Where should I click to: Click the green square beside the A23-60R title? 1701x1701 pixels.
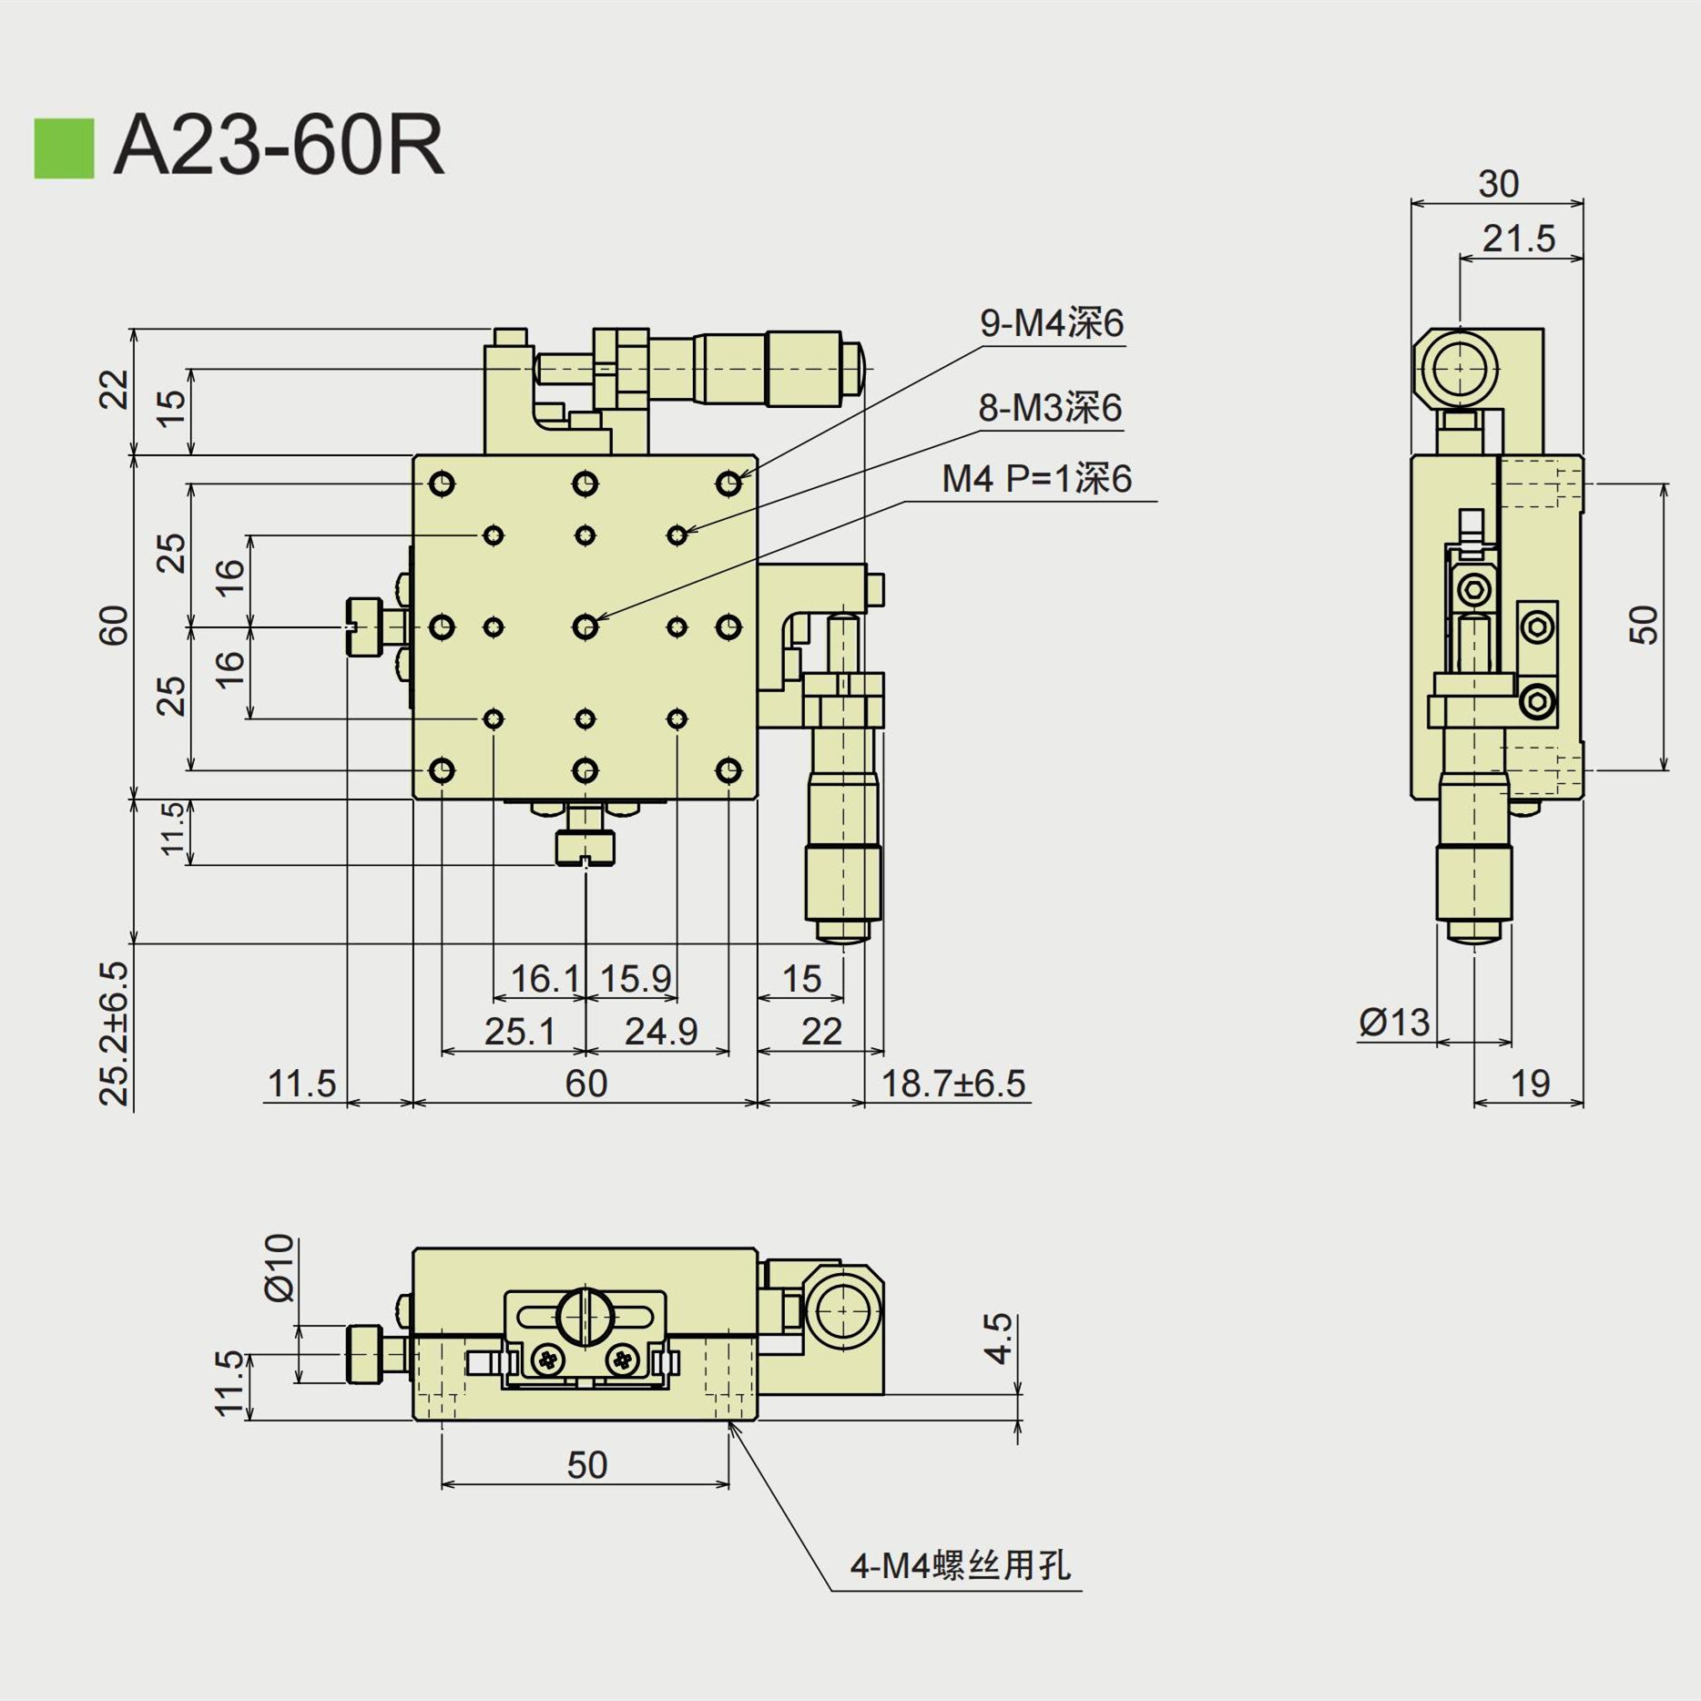tap(64, 148)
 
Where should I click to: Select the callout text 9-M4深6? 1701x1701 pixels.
tap(1052, 323)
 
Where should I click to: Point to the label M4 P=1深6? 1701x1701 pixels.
tap(1036, 479)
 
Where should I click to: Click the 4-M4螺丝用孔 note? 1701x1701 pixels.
tap(960, 1565)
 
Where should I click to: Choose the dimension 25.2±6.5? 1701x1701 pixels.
tap(116, 1034)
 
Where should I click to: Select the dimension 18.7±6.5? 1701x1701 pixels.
tap(952, 1084)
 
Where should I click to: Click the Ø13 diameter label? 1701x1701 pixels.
tap(1393, 1023)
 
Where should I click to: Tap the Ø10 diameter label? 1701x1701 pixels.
tap(280, 1268)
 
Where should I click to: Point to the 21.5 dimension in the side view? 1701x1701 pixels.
tap(1519, 239)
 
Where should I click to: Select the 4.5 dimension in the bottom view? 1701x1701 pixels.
tap(998, 1339)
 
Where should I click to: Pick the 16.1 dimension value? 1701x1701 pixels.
tap(545, 979)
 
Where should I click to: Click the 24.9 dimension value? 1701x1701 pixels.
tap(661, 1032)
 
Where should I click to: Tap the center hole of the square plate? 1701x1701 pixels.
tap(586, 626)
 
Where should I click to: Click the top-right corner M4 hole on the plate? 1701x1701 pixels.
tap(728, 484)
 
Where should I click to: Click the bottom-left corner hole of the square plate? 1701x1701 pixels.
tap(443, 771)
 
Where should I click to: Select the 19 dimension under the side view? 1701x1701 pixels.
tap(1530, 1084)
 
